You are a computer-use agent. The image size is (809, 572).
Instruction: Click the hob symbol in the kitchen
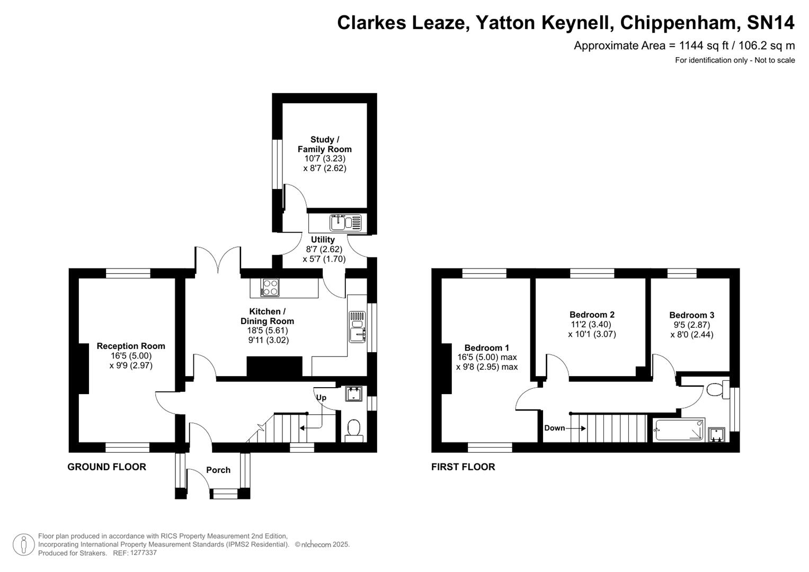pos(270,288)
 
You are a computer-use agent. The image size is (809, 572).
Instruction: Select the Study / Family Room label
pos(324,144)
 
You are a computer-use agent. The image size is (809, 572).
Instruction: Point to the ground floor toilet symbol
pos(353,428)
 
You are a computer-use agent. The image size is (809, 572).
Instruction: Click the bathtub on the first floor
pos(679,430)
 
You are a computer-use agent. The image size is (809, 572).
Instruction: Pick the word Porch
pos(218,470)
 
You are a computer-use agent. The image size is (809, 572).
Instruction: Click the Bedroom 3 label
pos(691,315)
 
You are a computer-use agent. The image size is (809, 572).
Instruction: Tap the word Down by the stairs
pos(554,428)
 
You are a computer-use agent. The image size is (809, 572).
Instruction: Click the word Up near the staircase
pos(321,397)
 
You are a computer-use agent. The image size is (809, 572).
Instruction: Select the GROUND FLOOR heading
pos(106,467)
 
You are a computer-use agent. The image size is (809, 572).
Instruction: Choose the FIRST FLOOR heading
pos(463,467)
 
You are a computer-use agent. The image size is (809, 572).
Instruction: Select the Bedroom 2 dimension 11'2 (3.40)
pos(592,324)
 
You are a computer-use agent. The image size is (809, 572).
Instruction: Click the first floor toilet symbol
pos(717,389)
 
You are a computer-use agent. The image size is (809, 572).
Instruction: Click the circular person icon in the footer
pos(23,544)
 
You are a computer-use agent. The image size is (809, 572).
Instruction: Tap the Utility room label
pos(323,239)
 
